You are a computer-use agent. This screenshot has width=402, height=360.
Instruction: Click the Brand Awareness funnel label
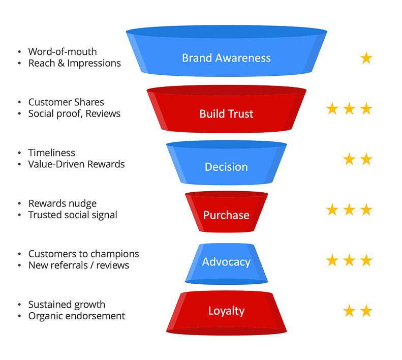(226, 57)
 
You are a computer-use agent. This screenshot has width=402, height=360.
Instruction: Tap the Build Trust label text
(226, 114)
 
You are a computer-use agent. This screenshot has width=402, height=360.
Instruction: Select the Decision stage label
(226, 167)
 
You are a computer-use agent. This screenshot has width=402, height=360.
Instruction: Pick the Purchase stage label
(226, 215)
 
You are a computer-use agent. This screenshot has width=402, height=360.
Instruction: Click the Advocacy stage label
(226, 262)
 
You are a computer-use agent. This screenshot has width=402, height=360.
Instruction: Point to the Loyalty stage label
(226, 311)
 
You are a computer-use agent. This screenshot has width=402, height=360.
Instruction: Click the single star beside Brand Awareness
(366, 58)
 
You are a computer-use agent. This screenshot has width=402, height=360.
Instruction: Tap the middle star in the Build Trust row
(349, 109)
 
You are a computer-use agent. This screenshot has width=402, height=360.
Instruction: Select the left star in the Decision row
(349, 160)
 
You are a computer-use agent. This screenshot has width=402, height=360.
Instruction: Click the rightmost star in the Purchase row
(366, 209)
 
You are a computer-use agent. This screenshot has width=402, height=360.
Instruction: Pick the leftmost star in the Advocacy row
(332, 261)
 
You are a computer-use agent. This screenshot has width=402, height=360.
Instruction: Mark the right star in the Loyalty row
(366, 311)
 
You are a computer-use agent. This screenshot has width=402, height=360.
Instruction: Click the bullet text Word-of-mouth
(63, 51)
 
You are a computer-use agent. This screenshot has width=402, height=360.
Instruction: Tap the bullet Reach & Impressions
(75, 63)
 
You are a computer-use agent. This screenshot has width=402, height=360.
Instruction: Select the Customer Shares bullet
(66, 102)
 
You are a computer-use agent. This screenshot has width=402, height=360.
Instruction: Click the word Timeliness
(52, 153)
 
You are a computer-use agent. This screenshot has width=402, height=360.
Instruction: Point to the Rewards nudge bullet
(63, 203)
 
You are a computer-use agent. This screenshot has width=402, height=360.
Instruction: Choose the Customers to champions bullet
(83, 254)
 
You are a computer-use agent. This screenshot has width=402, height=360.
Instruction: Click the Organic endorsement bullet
(77, 316)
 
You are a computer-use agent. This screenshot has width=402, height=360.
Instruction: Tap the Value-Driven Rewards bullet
(76, 164)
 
